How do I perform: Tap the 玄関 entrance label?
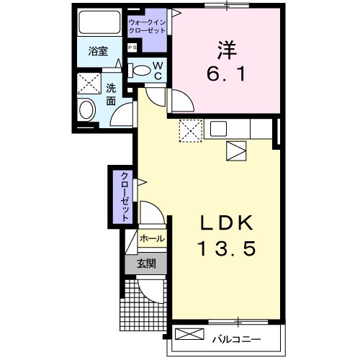(147, 264)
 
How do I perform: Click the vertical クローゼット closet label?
(125, 196)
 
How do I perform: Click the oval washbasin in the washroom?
(87, 110)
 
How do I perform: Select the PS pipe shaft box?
(132, 48)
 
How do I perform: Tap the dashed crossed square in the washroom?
(90, 84)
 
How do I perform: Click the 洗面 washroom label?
(111, 94)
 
